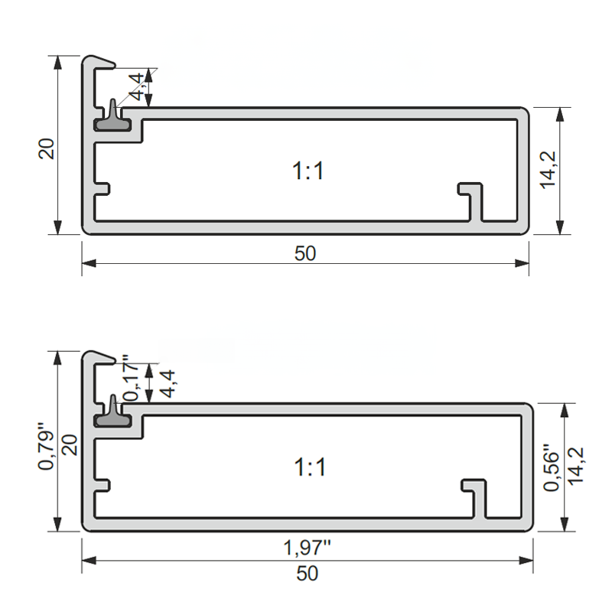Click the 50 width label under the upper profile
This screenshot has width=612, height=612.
pyautogui.click(x=305, y=253)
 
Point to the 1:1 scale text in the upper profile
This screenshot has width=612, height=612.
pyautogui.click(x=308, y=171)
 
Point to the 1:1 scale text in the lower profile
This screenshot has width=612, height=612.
pyautogui.click(x=310, y=466)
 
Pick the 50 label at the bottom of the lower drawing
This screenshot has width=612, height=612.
pyautogui.click(x=308, y=572)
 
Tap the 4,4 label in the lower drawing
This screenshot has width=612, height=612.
pyautogui.click(x=168, y=384)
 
